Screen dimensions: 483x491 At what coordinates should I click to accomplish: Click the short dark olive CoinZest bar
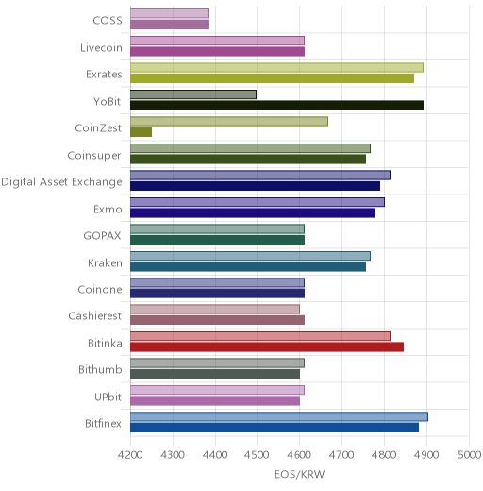[142, 132]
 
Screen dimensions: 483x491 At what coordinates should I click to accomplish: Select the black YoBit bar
[277, 105]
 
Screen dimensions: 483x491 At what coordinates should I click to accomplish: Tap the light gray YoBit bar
[193, 94]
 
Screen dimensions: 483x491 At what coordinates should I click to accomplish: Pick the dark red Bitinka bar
[267, 347]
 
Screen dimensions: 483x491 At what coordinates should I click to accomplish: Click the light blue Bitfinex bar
[279, 416]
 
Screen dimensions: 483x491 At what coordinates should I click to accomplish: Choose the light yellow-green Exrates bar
[277, 68]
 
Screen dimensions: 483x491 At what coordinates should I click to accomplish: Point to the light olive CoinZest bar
[229, 122]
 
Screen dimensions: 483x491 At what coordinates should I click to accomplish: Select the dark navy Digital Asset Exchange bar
[256, 186]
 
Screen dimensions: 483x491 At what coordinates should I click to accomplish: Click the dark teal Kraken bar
[248, 267]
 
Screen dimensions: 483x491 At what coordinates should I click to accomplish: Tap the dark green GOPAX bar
[218, 240]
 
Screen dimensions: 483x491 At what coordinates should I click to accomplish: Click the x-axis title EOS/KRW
[299, 474]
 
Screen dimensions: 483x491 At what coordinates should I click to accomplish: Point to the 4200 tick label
[130, 455]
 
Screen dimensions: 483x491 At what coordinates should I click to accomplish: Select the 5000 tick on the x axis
[469, 455]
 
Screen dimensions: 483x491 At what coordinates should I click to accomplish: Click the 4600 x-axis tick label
[299, 455]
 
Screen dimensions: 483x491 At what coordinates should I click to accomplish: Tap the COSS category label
[108, 21]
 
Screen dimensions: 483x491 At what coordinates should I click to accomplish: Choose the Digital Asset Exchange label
[61, 182]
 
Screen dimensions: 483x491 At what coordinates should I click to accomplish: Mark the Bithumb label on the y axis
[100, 369]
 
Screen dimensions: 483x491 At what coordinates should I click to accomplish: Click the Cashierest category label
[95, 315]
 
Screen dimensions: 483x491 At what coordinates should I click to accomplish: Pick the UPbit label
[108, 397]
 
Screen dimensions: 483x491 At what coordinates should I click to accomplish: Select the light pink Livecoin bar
[218, 41]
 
